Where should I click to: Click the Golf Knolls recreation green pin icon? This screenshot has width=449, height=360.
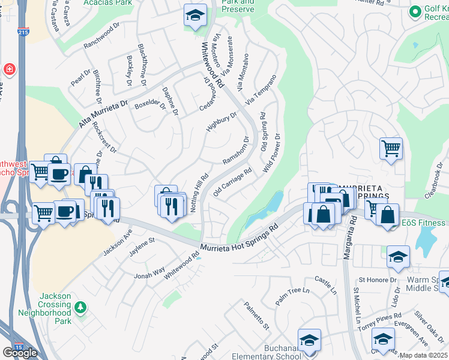pyautogui.click(x=415, y=11)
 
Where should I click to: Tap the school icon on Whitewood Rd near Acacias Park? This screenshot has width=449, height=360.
pyautogui.click(x=195, y=16)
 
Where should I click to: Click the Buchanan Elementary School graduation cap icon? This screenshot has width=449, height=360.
pyautogui.click(x=309, y=341)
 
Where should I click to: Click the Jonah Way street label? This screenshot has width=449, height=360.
pyautogui.click(x=149, y=274)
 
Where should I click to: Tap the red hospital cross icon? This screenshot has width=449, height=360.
pyautogui.click(x=10, y=69)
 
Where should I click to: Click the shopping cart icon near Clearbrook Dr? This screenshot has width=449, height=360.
pyautogui.click(x=391, y=148)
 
